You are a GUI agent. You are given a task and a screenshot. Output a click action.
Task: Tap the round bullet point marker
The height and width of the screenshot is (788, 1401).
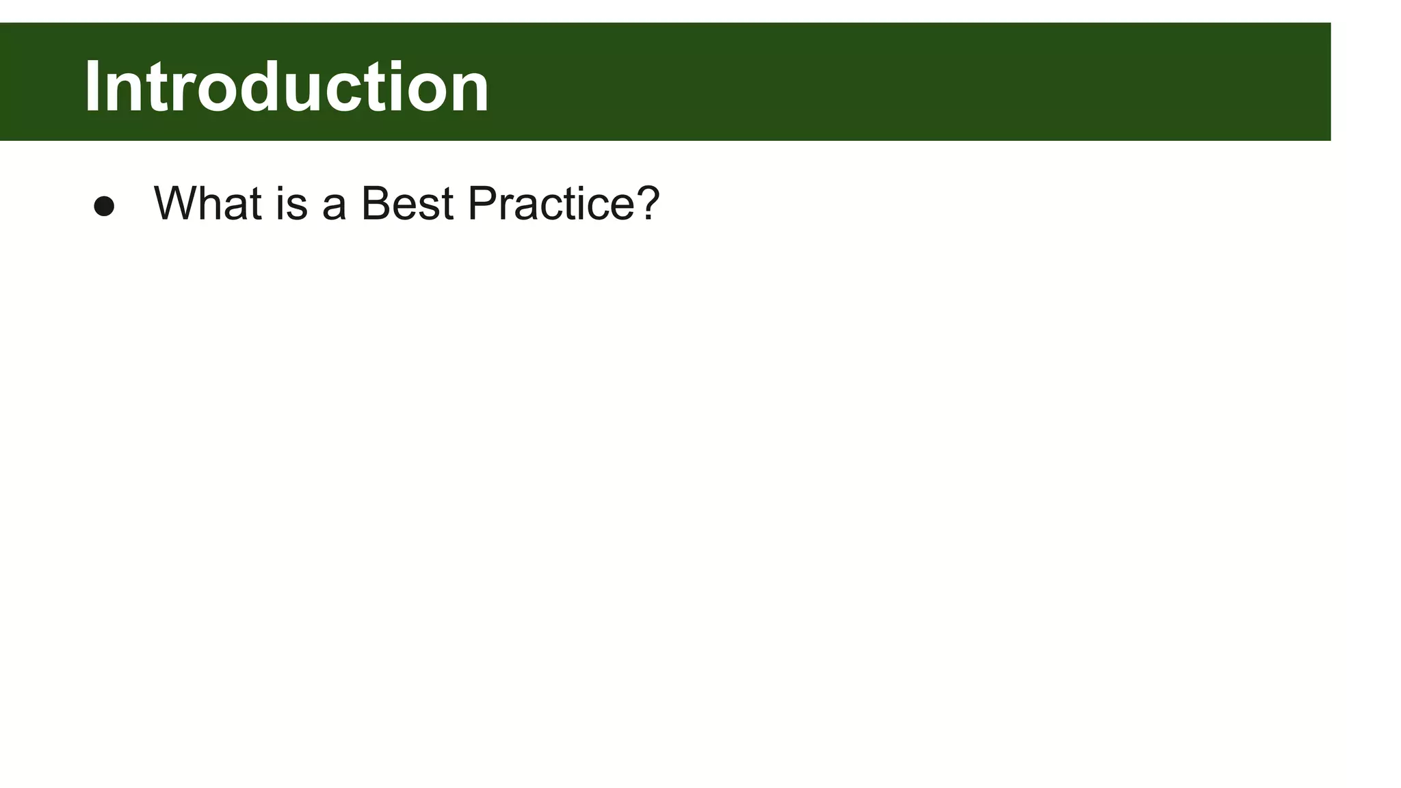[x=104, y=206]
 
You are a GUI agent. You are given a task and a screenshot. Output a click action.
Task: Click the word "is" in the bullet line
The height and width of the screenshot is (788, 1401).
[x=291, y=203]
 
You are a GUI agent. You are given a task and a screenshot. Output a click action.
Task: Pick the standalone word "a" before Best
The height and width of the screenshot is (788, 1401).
[x=334, y=206]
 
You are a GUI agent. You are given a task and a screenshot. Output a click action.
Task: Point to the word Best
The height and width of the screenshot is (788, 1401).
[x=407, y=203]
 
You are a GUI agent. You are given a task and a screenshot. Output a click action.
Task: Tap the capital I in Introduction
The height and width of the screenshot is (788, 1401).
[x=92, y=87]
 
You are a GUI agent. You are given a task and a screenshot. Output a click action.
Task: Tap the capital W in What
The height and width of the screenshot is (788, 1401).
[x=177, y=203]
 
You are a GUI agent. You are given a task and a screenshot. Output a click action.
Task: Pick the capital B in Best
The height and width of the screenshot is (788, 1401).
[x=376, y=203]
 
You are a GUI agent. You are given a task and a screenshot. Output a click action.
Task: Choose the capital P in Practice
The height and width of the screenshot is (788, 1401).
[x=483, y=203]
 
